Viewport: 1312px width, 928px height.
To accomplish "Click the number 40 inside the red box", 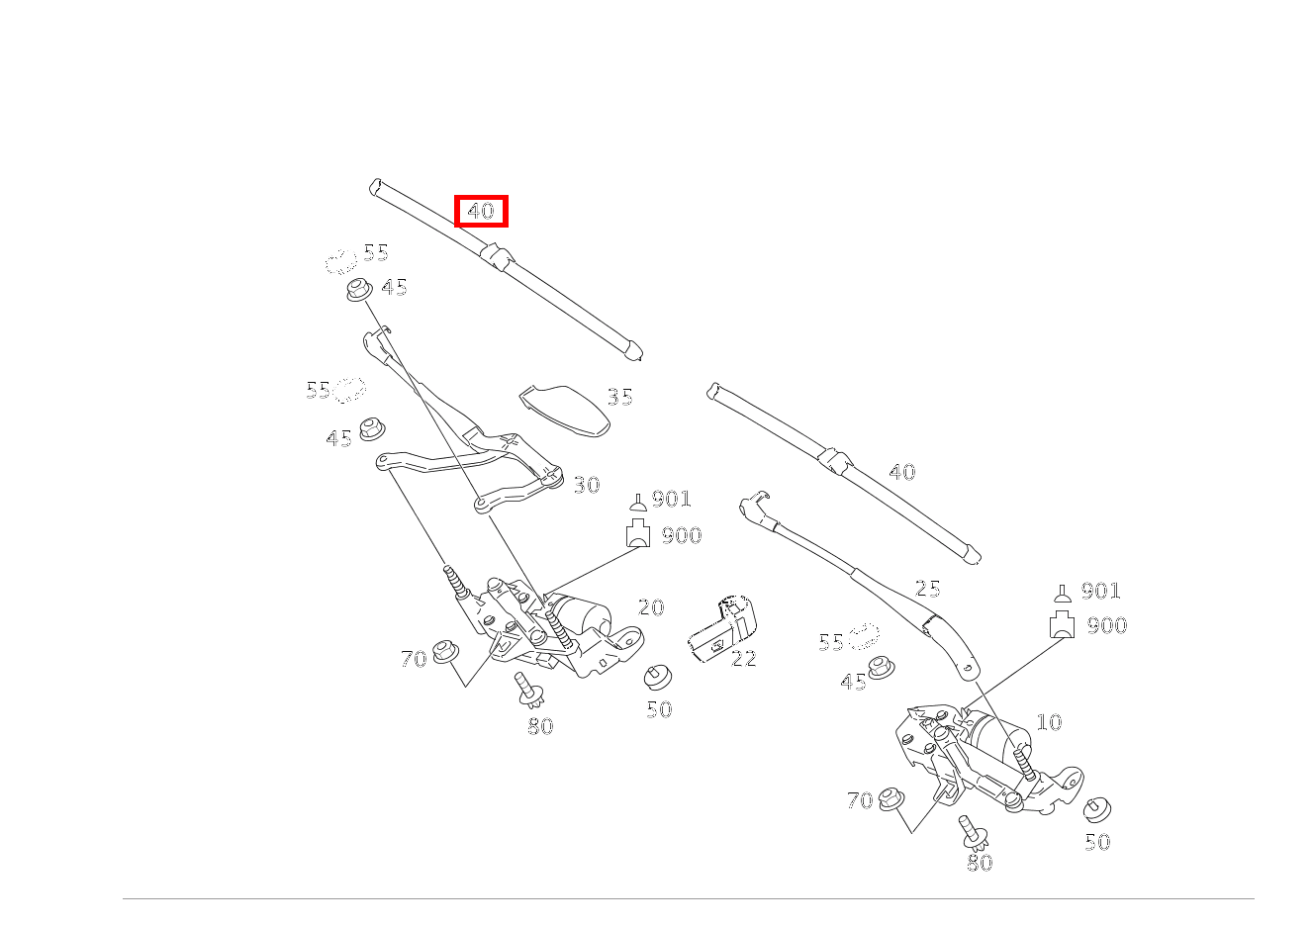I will coord(481,211).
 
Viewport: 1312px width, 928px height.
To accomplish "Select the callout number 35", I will coord(619,397).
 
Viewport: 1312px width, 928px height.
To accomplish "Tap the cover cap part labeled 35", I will coord(565,409).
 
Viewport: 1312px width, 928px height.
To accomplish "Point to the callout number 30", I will coord(587,485).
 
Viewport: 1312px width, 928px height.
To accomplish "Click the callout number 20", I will coord(650,607).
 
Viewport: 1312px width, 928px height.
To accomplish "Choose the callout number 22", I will coord(743,659).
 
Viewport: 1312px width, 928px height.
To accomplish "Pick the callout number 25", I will coord(927,589).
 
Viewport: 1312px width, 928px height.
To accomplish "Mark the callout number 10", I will coord(1049,722).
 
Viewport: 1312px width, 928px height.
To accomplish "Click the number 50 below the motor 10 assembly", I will coord(1097,842).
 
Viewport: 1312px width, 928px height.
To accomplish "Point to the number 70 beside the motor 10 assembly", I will coord(860,800).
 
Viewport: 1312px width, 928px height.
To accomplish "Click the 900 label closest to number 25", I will coord(1106,625).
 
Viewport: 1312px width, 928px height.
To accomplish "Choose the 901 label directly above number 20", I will coord(671,500).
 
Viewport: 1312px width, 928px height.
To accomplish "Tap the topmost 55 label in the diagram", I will coord(375,252).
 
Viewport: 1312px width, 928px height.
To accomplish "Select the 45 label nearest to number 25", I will coord(853,682).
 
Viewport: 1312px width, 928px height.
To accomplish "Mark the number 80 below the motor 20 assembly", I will coord(540,726).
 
